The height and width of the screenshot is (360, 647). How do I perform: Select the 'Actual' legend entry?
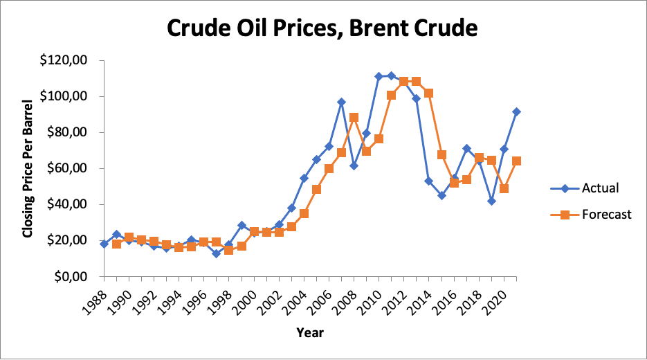click(x=600, y=188)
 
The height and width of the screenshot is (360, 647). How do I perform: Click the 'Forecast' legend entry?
click(x=606, y=215)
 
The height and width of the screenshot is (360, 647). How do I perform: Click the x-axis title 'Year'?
click(x=310, y=332)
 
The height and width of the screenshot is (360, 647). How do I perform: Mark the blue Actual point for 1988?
click(x=104, y=244)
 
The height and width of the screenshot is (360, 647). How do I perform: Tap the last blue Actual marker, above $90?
click(x=516, y=111)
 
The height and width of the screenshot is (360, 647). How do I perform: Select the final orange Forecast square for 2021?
click(x=516, y=161)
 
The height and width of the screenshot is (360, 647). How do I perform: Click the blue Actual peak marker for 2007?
click(x=342, y=102)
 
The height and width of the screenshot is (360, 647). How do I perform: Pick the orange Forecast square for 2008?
click(x=354, y=117)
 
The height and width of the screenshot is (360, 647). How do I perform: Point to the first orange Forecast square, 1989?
click(x=116, y=244)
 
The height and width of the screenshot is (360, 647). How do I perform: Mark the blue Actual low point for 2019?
click(x=491, y=201)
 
